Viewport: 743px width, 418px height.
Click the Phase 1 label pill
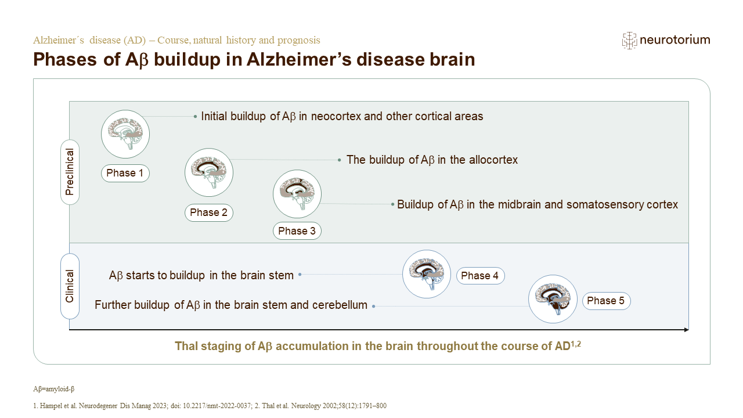pyautogui.click(x=125, y=173)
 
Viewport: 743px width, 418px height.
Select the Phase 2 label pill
pyautogui.click(x=208, y=212)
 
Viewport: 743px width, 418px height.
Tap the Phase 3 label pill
pyautogui.click(x=297, y=231)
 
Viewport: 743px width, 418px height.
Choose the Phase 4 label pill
pyautogui.click(x=480, y=276)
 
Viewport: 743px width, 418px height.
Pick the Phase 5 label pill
pyautogui.click(x=606, y=301)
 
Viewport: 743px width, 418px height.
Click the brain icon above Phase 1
pyautogui.click(x=125, y=134)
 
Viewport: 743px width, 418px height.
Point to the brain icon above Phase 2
pyautogui.click(x=209, y=172)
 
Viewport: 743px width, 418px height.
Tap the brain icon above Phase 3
pyautogui.click(x=297, y=194)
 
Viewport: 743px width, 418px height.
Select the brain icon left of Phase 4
pyautogui.click(x=427, y=274)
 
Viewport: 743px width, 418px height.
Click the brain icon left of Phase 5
pyautogui.click(x=553, y=299)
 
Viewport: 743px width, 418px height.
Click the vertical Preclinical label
pyautogui.click(x=70, y=172)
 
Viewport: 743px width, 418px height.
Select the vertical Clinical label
pyautogui.click(x=70, y=286)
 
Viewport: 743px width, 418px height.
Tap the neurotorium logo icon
pyautogui.click(x=629, y=40)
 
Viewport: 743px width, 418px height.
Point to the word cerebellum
pyautogui.click(x=339, y=305)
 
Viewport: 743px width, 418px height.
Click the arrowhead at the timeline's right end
pyautogui.click(x=686, y=330)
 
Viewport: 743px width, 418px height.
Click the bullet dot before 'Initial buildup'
pyautogui.click(x=195, y=117)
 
